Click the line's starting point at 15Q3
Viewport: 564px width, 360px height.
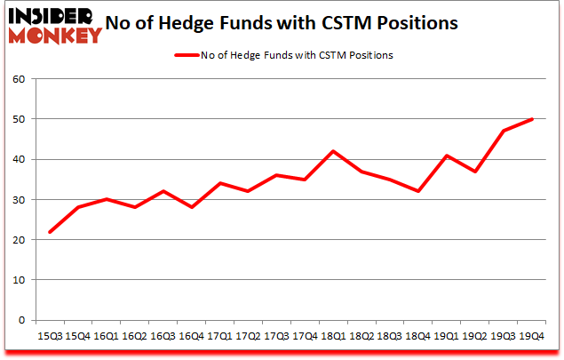(x=49, y=232)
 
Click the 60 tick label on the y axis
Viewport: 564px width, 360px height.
(x=20, y=79)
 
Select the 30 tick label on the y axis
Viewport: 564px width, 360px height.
(x=20, y=200)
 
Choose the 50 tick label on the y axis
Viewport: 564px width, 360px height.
(x=20, y=119)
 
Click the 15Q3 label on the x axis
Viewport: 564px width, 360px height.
(x=49, y=337)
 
